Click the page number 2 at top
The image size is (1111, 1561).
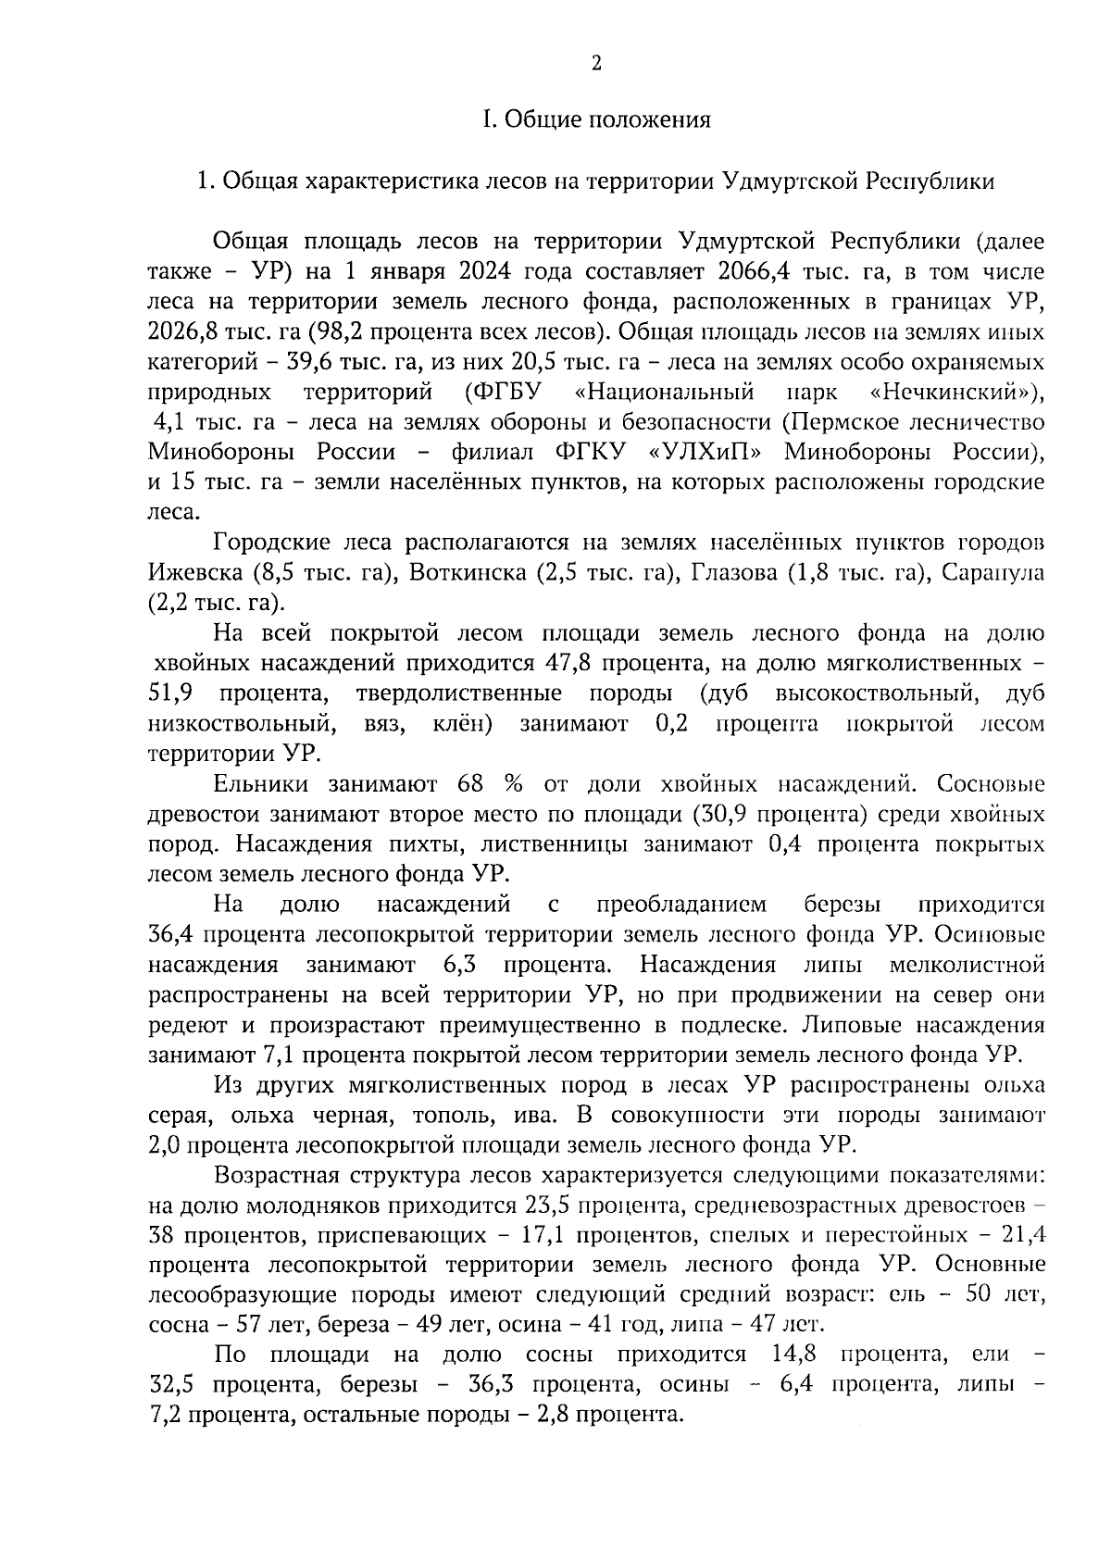click(596, 63)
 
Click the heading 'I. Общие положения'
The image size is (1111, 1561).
click(596, 119)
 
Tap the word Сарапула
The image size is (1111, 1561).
click(992, 573)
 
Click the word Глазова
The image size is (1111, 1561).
click(734, 573)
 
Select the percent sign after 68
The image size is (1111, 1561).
click(512, 784)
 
